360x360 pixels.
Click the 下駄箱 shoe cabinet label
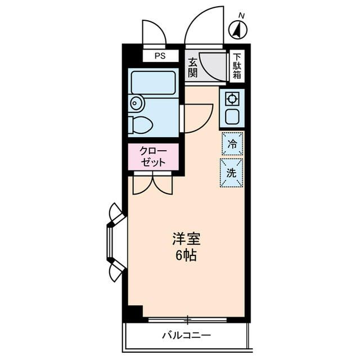[237, 65]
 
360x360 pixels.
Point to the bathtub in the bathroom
[153, 83]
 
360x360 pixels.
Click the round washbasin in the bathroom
[136, 103]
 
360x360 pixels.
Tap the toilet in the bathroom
[141, 124]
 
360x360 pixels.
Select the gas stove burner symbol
[231, 99]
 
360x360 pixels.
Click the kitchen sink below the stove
[231, 118]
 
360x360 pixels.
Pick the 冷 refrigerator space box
[232, 144]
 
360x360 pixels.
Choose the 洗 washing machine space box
[232, 173]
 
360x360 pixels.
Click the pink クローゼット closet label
[153, 156]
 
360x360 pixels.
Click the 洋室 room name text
[186, 238]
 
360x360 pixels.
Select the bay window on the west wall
[115, 242]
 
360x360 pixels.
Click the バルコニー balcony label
[186, 336]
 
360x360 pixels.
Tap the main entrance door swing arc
[205, 25]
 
